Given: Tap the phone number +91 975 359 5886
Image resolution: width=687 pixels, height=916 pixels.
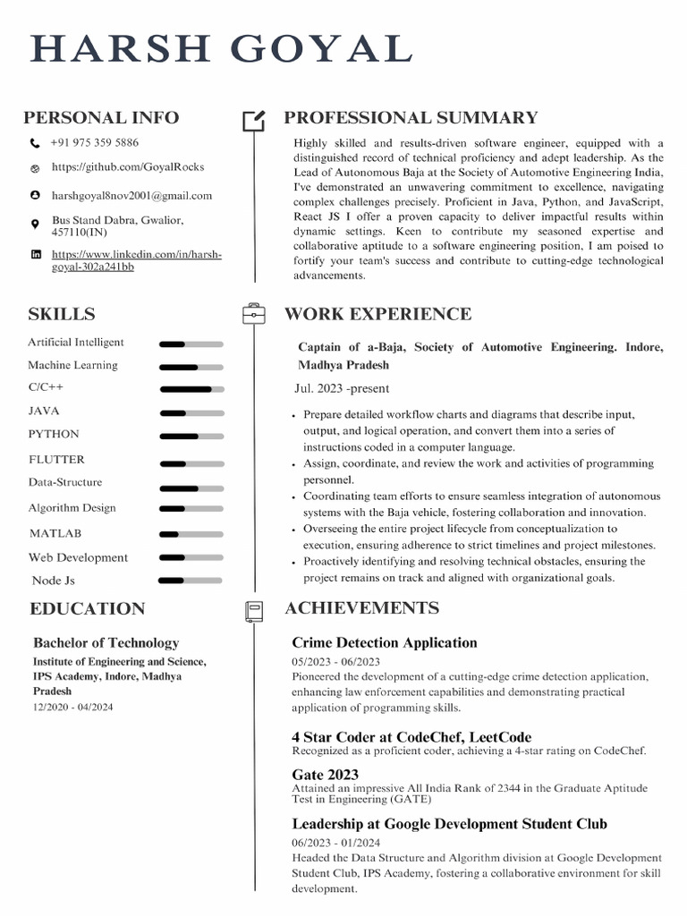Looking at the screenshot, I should point(95,142).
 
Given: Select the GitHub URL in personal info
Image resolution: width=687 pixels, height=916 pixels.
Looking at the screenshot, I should point(128,166).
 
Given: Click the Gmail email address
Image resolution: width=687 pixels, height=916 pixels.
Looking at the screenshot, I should point(131,195).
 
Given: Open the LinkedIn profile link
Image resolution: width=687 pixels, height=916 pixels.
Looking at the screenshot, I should point(136,260).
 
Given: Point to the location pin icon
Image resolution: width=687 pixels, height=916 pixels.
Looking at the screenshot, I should point(35,224).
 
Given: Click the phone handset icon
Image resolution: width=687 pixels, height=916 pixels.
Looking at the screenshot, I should point(35,143).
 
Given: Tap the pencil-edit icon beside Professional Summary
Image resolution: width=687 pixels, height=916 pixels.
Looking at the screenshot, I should point(254,120).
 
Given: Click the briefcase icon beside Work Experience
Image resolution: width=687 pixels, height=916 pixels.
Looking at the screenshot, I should point(254,314).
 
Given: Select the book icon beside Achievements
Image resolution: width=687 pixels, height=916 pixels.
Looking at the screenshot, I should point(254,611).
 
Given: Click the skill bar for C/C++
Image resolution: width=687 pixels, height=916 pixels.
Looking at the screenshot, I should point(191,389).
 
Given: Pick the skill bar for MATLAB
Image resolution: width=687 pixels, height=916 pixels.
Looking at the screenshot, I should point(191,534).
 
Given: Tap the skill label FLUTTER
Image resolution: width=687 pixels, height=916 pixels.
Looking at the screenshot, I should point(56,460).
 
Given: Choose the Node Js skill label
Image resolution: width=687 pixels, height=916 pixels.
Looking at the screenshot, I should point(53,581).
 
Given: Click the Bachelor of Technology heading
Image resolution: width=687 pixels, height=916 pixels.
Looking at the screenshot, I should point(106,642).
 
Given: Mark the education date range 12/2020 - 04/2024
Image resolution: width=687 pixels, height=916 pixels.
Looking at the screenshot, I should point(73,707).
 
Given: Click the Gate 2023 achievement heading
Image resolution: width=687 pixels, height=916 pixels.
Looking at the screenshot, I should point(325,775).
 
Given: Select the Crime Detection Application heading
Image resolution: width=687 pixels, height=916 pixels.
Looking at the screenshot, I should point(384,642).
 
